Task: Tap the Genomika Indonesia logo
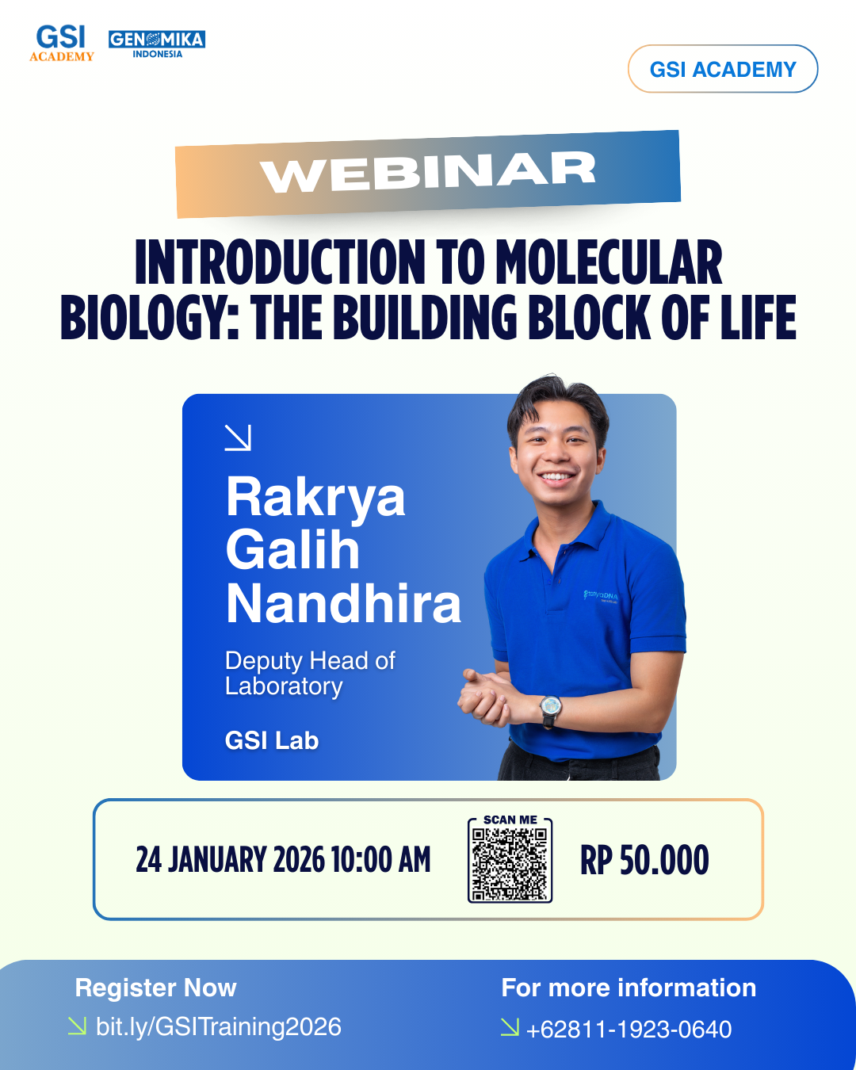pyautogui.click(x=157, y=44)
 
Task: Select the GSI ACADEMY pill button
pyautogui.click(x=723, y=69)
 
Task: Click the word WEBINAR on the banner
pyautogui.click(x=428, y=172)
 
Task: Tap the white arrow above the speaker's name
pyautogui.click(x=238, y=438)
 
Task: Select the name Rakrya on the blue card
pyautogui.click(x=315, y=498)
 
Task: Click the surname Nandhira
pyautogui.click(x=343, y=604)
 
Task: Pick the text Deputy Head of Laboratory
pyautogui.click(x=310, y=673)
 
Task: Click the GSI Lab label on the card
pyautogui.click(x=272, y=740)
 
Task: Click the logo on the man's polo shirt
pyautogui.click(x=601, y=595)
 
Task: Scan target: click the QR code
pyautogui.click(x=510, y=865)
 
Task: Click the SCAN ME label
pyautogui.click(x=510, y=820)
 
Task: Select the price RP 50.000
pyautogui.click(x=644, y=861)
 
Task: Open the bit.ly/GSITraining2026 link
pyautogui.click(x=218, y=1026)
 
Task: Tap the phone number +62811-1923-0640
pyautogui.click(x=629, y=1030)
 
